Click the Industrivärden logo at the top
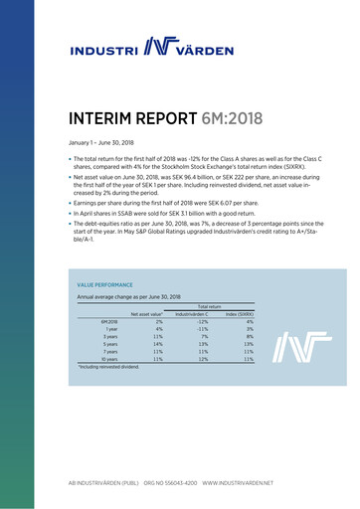tap(179, 47)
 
